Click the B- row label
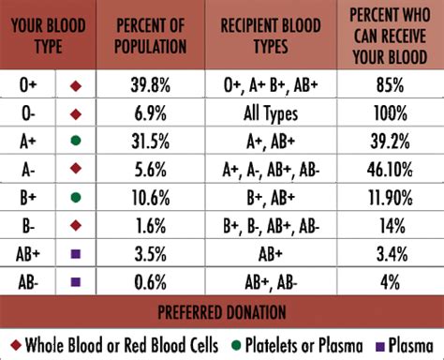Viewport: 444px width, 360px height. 30,225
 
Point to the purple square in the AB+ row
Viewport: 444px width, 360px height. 75,254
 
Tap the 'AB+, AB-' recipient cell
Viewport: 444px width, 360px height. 271,281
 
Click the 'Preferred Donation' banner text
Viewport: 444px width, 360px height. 222,310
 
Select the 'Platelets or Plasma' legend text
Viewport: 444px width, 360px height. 291,340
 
